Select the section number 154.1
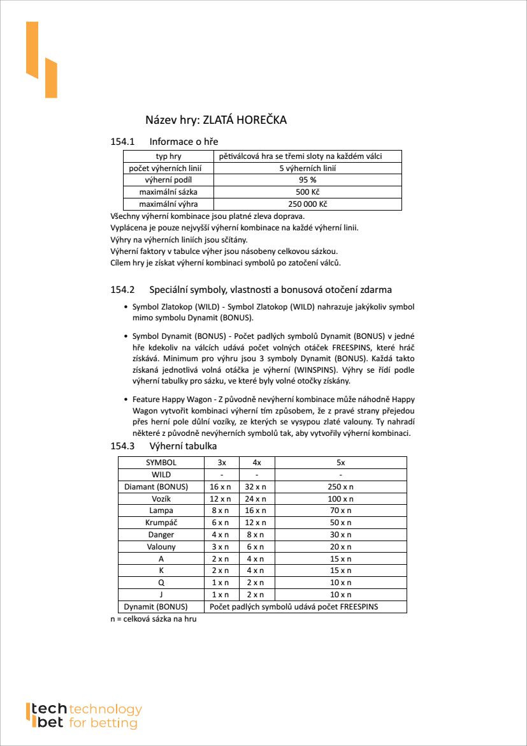click(122, 141)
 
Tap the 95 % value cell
click(308, 181)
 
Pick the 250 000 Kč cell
click(308, 204)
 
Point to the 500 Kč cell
click(308, 192)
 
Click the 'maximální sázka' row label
click(168, 192)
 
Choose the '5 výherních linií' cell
click(308, 168)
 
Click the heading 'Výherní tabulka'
click(183, 446)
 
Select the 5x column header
click(340, 463)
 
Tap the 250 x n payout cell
click(340, 487)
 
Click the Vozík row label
click(161, 498)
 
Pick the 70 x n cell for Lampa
click(340, 511)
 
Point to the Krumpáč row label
click(161, 523)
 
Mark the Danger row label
click(161, 535)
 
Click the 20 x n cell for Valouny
click(340, 547)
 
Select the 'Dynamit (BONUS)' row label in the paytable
click(155, 607)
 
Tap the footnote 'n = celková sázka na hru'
click(154, 619)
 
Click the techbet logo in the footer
click(83, 716)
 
